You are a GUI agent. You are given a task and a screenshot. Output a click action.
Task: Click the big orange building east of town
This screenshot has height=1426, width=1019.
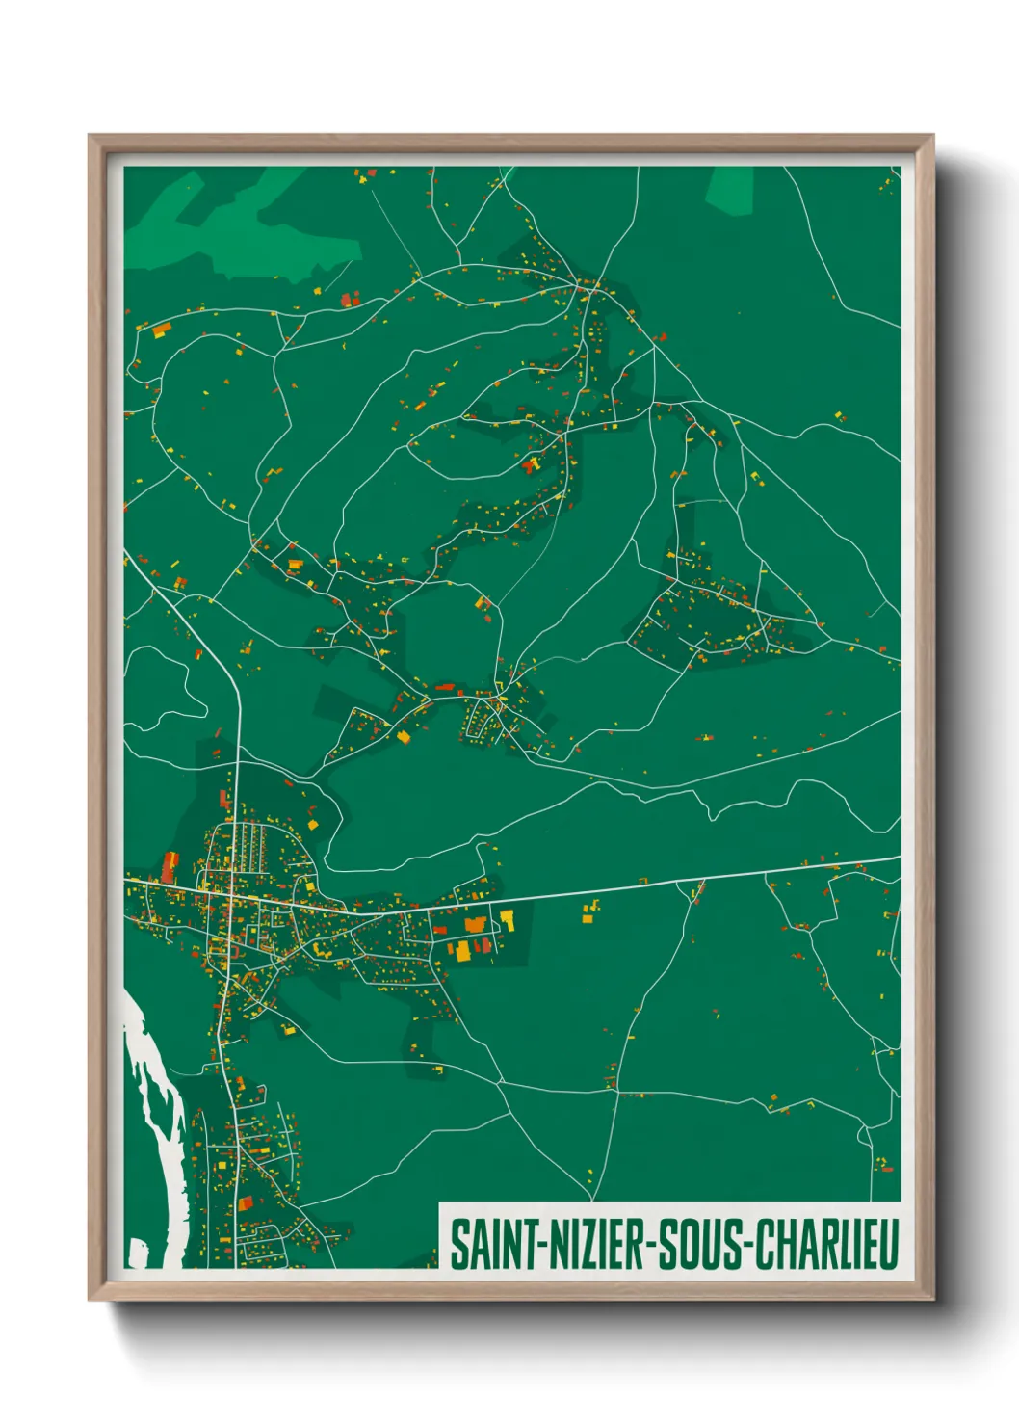pos(475,925)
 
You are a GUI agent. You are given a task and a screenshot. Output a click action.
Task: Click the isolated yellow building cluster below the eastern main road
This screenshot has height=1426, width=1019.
pos(589,911)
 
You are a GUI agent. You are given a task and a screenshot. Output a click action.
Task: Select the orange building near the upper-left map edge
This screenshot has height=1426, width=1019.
pos(159,330)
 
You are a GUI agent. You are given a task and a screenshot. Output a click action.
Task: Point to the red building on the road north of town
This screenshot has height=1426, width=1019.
pos(225,798)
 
